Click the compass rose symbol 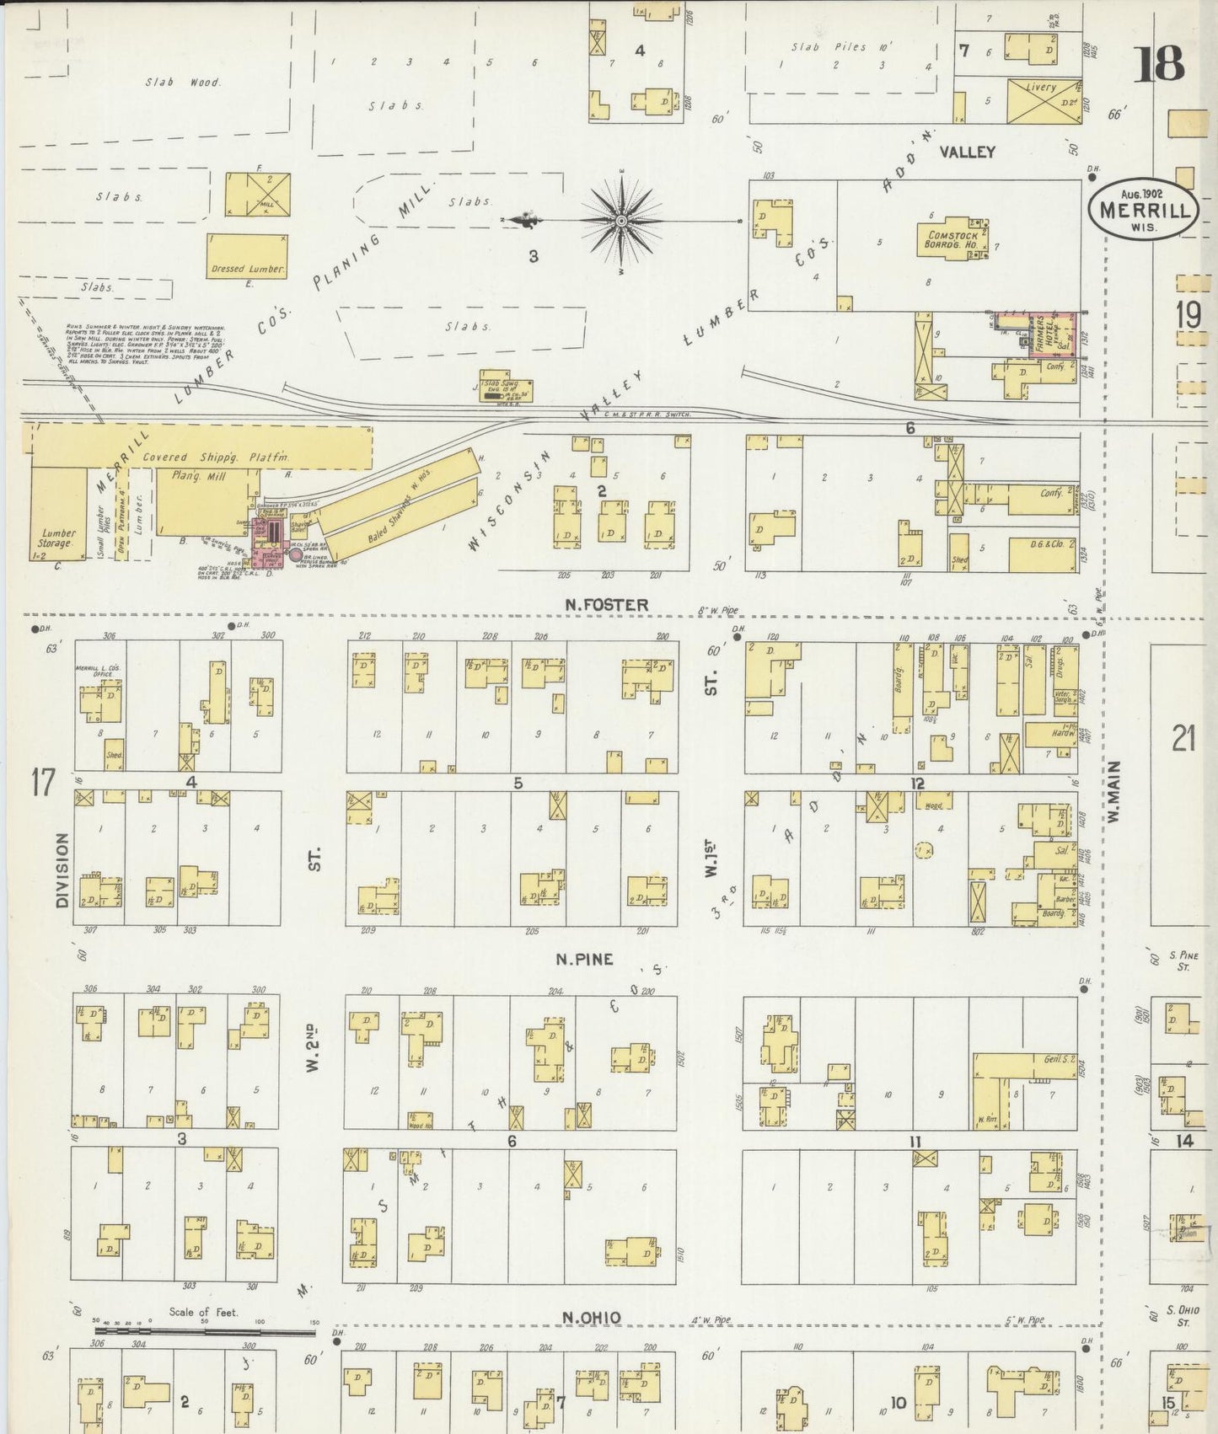[621, 221]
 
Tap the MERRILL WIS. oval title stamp [1144, 211]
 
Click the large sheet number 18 [1159, 65]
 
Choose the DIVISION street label [62, 870]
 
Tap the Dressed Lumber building [248, 256]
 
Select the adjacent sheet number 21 [1183, 739]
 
